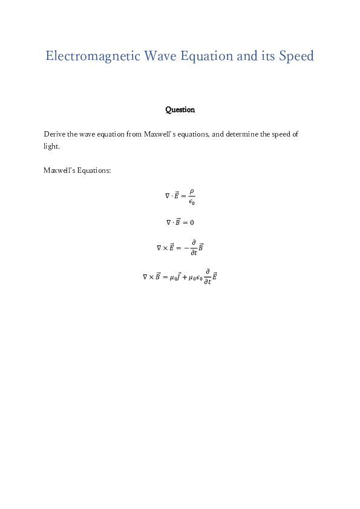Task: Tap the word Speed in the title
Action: pyautogui.click(x=296, y=56)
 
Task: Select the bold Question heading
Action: pyautogui.click(x=180, y=110)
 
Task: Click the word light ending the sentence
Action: pyautogui.click(x=51, y=146)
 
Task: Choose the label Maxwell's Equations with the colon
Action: pyautogui.click(x=77, y=170)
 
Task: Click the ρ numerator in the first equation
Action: pyautogui.click(x=191, y=191)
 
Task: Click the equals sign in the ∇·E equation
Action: pyautogui.click(x=183, y=196)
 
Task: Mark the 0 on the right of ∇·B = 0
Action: pyautogui.click(x=192, y=222)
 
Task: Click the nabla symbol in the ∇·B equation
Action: pyautogui.click(x=169, y=222)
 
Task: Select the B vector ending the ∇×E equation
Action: pyautogui.click(x=201, y=247)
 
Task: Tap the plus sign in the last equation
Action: pyautogui.click(x=184, y=277)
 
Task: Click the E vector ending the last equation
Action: pyautogui.click(x=215, y=276)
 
